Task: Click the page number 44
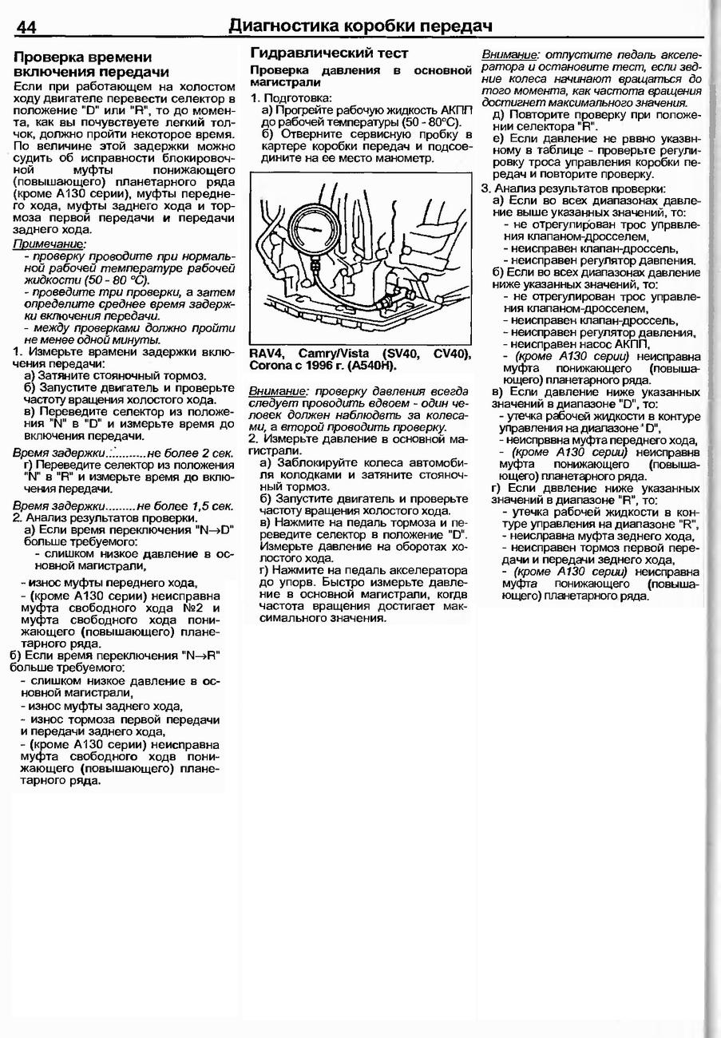click(x=26, y=27)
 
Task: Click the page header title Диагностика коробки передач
click(x=360, y=26)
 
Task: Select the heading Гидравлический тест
click(x=329, y=53)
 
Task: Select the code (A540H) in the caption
click(x=370, y=366)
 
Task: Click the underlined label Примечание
click(x=50, y=244)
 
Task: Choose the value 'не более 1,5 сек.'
click(x=185, y=506)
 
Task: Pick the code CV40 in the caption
click(x=451, y=353)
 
